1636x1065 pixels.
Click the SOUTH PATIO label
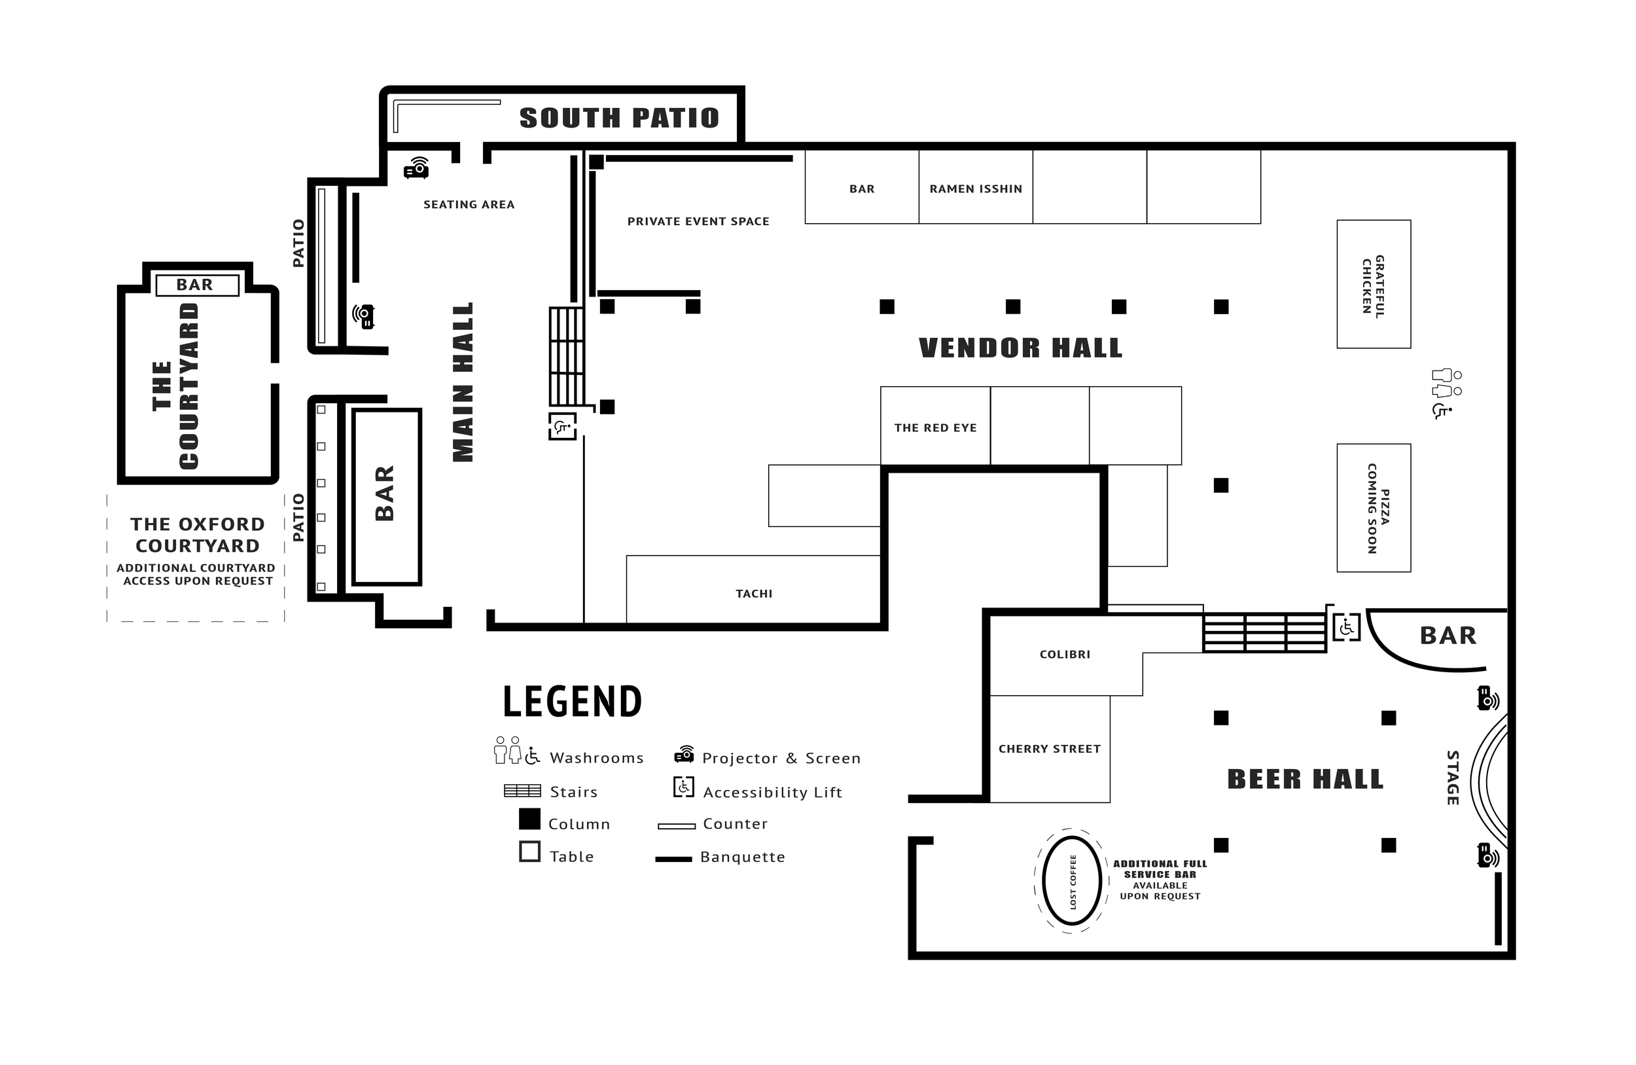[x=618, y=118]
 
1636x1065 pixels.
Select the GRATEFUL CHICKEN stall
[x=1373, y=284]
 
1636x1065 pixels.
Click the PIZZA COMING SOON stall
[x=1373, y=507]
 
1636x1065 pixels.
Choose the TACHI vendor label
[x=753, y=592]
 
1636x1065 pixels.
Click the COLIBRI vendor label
[x=1064, y=654]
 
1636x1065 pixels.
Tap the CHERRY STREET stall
[x=1049, y=748]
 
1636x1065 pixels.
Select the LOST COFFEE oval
[x=1072, y=882]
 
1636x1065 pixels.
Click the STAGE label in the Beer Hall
[x=1453, y=777]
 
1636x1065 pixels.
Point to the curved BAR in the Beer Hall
[x=1447, y=636]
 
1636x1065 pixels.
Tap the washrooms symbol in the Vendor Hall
[x=1446, y=393]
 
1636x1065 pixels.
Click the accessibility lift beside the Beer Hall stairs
[x=1346, y=626]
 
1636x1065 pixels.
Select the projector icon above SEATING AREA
[x=417, y=168]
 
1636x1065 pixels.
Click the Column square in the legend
[x=529, y=819]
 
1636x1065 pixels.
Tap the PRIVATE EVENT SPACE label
[x=698, y=221]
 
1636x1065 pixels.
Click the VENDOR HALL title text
[x=1020, y=348]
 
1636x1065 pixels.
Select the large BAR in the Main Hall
[x=386, y=496]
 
